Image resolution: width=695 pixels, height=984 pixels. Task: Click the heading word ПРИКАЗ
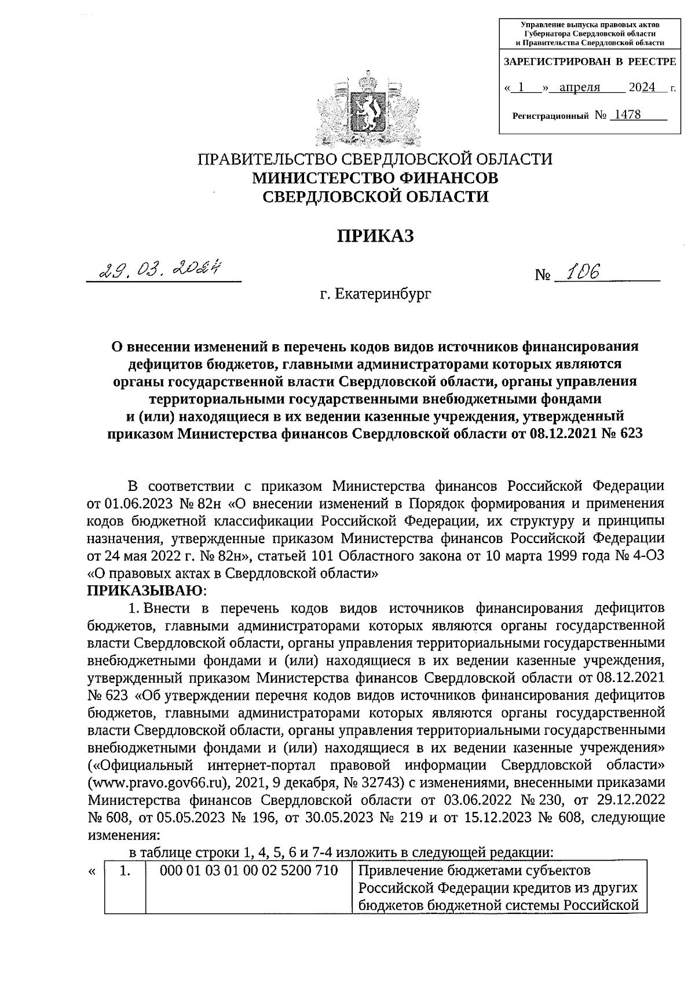[x=376, y=235]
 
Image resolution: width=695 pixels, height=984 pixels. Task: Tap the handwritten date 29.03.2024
[x=162, y=270]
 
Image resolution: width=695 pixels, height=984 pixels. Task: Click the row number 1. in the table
[x=123, y=870]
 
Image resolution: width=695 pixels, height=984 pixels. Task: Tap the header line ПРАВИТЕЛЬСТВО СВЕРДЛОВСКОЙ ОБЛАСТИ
[x=376, y=159]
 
